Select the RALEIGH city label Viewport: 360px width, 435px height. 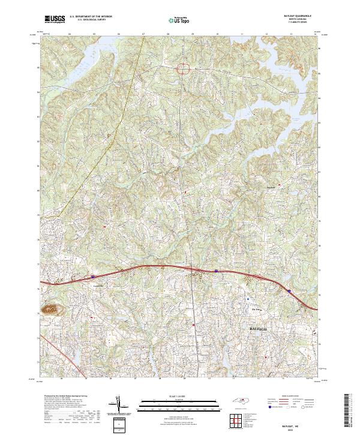[x=260, y=329]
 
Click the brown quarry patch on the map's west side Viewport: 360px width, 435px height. [x=51, y=310]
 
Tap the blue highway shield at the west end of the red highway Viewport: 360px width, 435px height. [x=94, y=277]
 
